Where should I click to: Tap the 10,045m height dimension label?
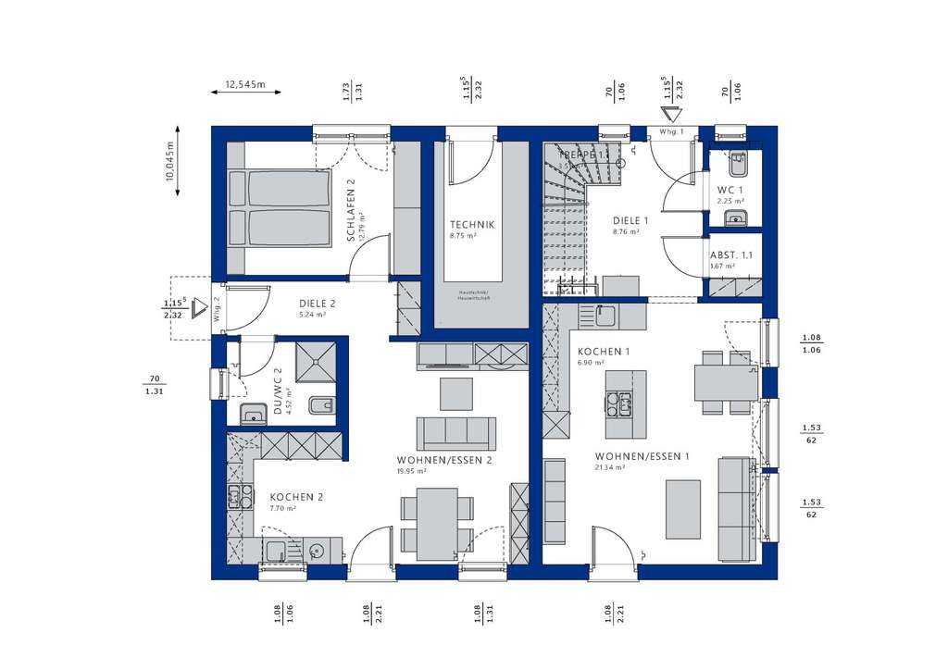(169, 167)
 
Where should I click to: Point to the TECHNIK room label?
(472, 224)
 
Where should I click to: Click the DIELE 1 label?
(630, 221)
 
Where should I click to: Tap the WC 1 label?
(730, 190)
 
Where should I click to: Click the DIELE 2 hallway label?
(317, 303)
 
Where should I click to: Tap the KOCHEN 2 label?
(296, 497)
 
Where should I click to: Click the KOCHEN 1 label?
(604, 353)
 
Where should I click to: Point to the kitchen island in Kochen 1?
(626, 403)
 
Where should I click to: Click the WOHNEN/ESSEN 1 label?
(642, 456)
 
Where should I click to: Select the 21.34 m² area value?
(611, 468)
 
